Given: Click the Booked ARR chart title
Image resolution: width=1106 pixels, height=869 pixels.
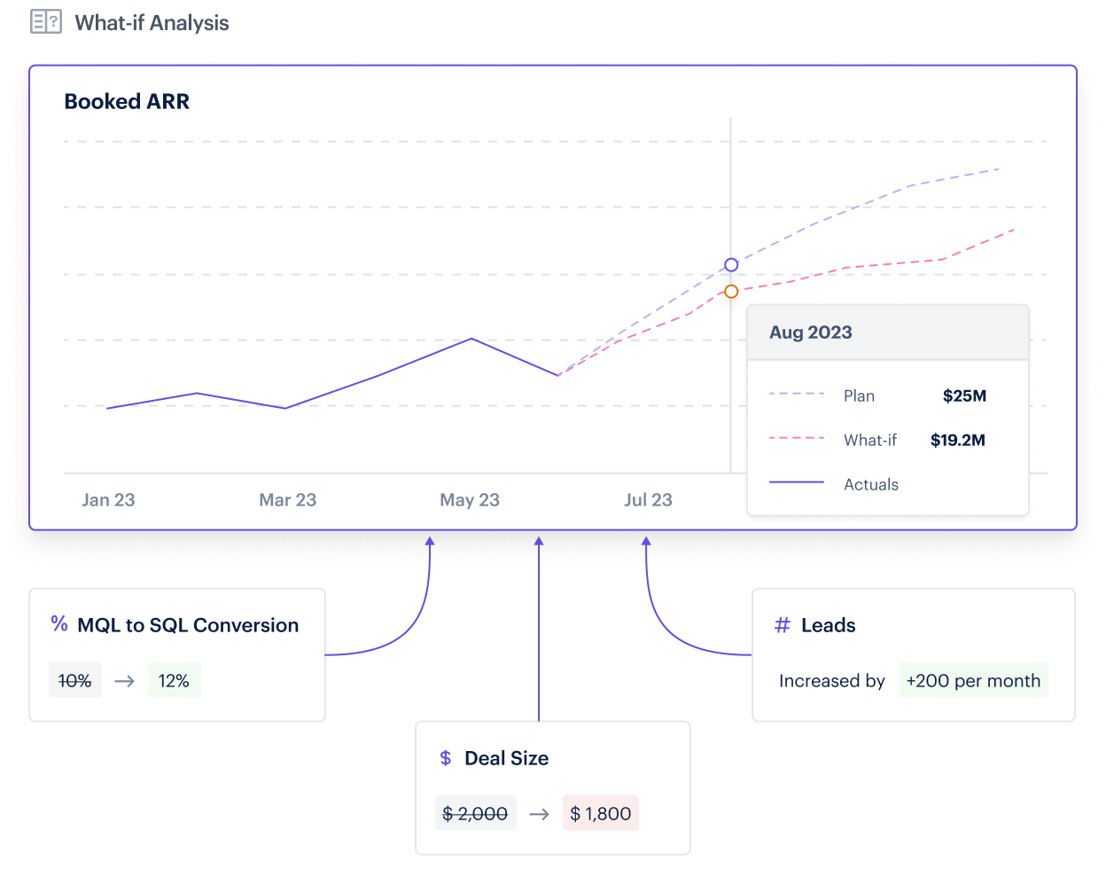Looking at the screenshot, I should click(x=127, y=102).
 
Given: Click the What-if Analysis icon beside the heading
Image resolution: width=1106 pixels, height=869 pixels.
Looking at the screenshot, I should click(x=46, y=22).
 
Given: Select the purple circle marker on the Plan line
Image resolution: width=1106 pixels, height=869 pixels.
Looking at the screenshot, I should click(x=731, y=265).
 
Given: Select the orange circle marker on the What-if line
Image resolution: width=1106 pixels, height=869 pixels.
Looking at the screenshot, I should click(x=731, y=292).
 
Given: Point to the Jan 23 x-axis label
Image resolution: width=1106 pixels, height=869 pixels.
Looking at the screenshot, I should click(x=108, y=500).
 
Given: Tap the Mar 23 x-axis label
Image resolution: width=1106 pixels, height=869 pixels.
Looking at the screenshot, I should click(x=287, y=500).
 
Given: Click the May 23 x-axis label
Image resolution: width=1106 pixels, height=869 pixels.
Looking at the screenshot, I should click(x=470, y=500).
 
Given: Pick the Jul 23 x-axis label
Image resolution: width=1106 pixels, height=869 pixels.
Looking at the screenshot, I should click(x=648, y=500).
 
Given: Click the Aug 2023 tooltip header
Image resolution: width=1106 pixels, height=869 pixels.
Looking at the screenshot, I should click(x=811, y=333).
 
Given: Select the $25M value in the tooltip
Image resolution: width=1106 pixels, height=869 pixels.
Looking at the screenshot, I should click(x=964, y=396).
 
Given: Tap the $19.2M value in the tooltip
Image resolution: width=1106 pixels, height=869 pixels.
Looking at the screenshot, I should click(x=957, y=441).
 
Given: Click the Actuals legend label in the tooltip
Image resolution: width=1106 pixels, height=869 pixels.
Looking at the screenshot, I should click(x=871, y=485).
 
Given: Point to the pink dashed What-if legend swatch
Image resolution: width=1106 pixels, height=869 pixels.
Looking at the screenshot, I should click(x=797, y=439).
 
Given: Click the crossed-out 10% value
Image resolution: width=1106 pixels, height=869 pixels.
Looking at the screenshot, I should click(x=75, y=681).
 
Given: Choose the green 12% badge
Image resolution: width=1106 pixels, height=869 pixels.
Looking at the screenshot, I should click(x=174, y=681).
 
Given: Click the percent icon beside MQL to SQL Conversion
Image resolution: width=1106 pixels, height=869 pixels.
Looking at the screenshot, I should click(x=59, y=624).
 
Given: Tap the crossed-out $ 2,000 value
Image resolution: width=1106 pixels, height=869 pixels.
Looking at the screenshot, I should click(x=475, y=814).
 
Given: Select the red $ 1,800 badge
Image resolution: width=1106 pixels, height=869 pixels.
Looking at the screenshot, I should click(x=601, y=814).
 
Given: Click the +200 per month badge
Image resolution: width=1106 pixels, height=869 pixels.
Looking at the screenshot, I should click(x=973, y=681).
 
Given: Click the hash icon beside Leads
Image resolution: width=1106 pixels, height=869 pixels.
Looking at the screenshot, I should click(x=783, y=626).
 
